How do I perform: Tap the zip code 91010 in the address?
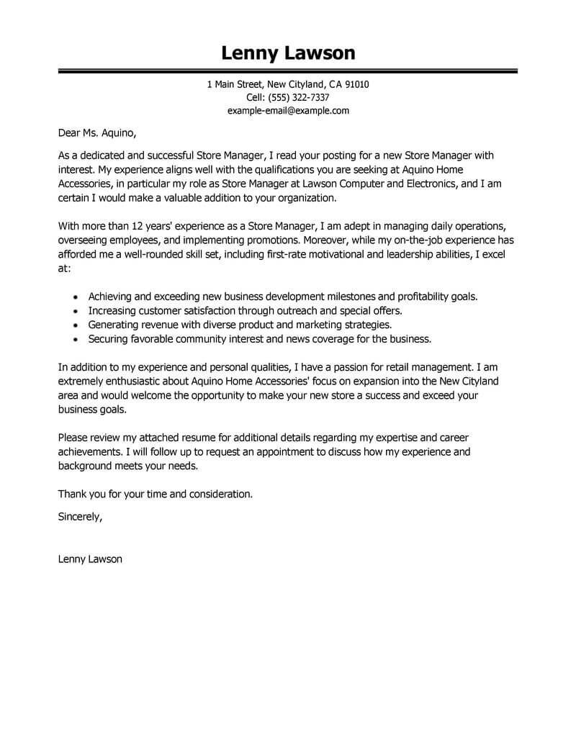click(356, 85)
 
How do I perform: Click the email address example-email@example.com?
click(288, 111)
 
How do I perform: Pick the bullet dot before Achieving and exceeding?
click(77, 297)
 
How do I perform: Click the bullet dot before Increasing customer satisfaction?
click(77, 311)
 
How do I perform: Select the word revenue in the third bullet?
click(162, 325)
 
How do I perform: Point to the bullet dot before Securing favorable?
click(77, 339)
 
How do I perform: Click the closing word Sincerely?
click(80, 516)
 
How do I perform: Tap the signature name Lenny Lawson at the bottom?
click(90, 559)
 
